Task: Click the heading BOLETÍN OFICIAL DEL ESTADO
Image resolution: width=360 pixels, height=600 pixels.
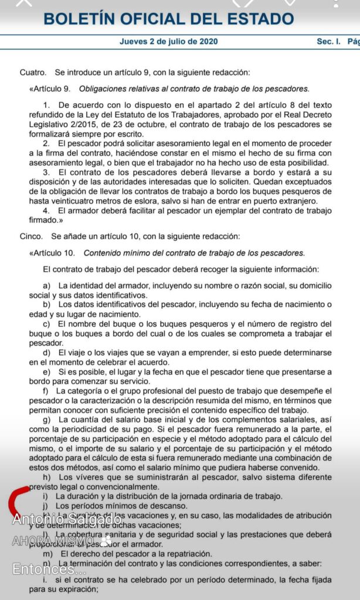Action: click(168, 19)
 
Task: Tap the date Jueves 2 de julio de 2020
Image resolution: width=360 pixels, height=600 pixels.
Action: click(168, 42)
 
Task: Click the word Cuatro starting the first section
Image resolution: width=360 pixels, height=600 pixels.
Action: click(32, 73)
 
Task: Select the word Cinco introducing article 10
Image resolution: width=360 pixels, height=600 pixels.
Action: click(30, 237)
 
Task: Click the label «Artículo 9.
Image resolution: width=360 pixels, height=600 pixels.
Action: click(50, 89)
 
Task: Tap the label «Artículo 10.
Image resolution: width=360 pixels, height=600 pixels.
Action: click(52, 253)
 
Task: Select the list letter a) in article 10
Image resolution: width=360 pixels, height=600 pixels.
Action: click(47, 285)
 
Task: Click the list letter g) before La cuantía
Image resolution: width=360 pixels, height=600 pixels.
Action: click(47, 420)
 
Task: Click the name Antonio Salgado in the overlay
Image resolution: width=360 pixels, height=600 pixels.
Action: click(67, 519)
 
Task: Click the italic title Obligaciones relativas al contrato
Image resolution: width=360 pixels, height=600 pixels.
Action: click(193, 89)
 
